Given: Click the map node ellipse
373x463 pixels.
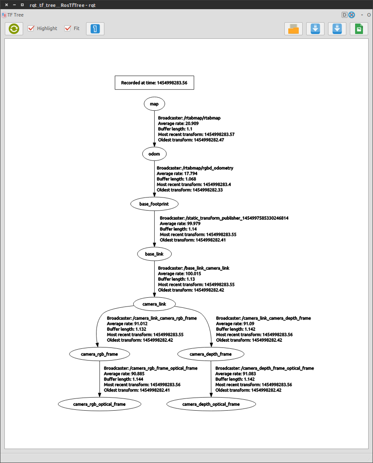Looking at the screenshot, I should pyautogui.click(x=154, y=104).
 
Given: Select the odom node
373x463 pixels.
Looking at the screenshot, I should pyautogui.click(x=154, y=153).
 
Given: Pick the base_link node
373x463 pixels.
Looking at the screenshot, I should pyautogui.click(x=154, y=253).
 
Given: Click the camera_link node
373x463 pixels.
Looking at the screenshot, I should pyautogui.click(x=154, y=303).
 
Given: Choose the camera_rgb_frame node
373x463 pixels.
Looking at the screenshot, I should pyautogui.click(x=100, y=354).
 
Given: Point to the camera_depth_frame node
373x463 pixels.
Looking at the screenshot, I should pyautogui.click(x=211, y=354).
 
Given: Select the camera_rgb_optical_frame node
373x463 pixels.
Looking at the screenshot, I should pyautogui.click(x=100, y=404).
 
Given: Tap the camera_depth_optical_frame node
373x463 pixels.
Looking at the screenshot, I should pyautogui.click(x=211, y=404).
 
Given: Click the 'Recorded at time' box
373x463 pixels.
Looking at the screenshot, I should pyautogui.click(x=154, y=82).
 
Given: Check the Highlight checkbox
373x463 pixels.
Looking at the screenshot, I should pyautogui.click(x=31, y=28).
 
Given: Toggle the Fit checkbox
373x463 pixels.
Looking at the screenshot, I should pyautogui.click(x=68, y=28).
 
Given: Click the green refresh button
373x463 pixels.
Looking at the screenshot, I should pyautogui.click(x=14, y=29).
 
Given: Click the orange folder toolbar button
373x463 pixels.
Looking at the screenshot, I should pyautogui.click(x=294, y=29).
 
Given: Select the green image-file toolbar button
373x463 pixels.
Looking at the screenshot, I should pyautogui.click(x=359, y=29).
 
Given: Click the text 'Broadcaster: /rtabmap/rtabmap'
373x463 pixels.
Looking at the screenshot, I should pyautogui.click(x=189, y=118).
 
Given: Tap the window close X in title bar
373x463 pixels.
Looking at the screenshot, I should pyautogui.click(x=6, y=5).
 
